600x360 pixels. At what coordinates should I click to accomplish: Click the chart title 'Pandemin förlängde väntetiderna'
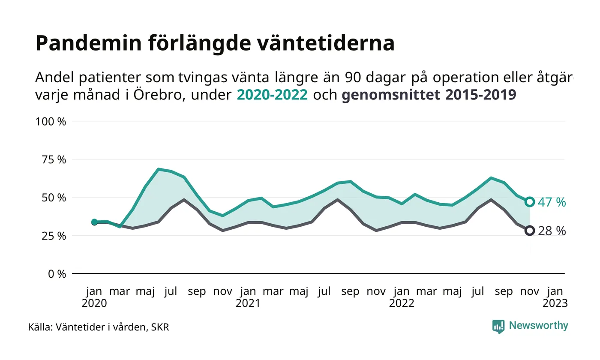click(215, 43)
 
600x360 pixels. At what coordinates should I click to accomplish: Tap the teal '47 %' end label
click(552, 202)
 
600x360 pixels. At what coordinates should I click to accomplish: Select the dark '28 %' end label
click(552, 231)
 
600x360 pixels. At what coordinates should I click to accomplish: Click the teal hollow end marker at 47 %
click(530, 201)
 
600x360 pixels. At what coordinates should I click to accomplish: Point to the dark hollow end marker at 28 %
click(530, 231)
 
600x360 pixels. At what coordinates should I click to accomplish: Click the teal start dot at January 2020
click(94, 222)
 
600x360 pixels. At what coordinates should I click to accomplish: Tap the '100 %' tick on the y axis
click(51, 121)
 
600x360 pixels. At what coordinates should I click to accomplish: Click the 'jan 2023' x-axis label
click(555, 297)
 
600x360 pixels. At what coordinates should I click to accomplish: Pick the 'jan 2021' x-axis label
click(248, 297)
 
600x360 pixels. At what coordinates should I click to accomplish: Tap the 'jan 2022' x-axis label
click(402, 297)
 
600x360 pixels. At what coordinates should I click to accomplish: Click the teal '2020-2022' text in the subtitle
click(272, 95)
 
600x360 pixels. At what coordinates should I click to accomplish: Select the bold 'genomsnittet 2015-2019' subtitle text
click(429, 95)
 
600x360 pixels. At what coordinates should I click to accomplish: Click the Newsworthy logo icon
click(498, 327)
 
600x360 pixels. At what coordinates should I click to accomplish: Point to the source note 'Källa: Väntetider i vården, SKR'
click(99, 327)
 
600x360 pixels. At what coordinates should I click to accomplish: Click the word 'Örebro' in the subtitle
click(159, 95)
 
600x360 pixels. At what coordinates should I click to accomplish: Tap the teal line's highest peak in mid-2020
click(159, 169)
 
